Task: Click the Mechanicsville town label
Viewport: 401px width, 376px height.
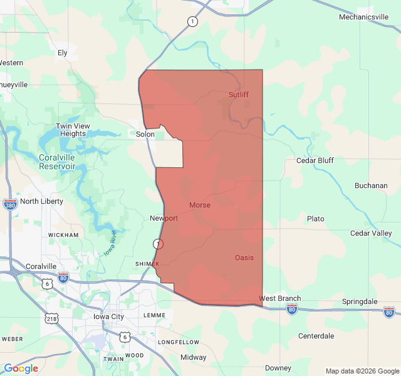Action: coord(368,17)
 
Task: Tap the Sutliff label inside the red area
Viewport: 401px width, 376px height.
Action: coord(238,95)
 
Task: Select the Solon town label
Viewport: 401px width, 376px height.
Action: coord(145,134)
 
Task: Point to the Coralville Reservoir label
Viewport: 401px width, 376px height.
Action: coord(57,162)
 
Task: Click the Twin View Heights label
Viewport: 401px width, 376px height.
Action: coord(73,130)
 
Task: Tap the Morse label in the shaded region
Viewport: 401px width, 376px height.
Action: coord(199,205)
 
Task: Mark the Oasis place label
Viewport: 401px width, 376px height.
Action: coord(244,258)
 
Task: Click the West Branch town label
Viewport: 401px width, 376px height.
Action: coord(279,298)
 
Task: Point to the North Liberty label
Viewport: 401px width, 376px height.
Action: coord(42,201)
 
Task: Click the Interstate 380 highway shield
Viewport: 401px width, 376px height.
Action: coord(10,204)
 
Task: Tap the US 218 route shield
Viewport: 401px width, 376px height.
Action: coord(51,318)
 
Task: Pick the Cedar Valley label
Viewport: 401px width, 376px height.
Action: coord(371,233)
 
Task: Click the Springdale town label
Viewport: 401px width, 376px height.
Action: coord(360,301)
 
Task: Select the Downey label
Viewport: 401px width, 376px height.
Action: coord(278,368)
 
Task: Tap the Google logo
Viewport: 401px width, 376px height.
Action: coord(21,368)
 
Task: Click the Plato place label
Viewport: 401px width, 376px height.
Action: coord(316,219)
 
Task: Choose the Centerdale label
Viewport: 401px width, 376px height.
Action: coord(316,336)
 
